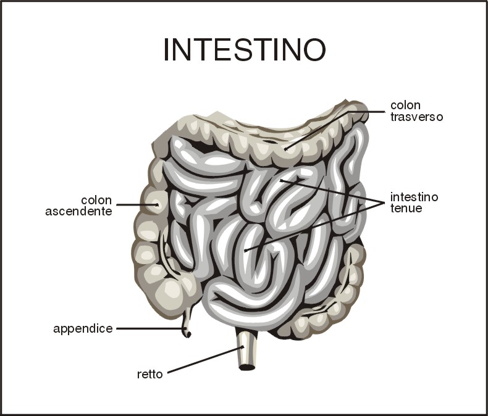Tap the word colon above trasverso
(x=405, y=106)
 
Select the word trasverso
(x=416, y=117)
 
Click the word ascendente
(x=78, y=212)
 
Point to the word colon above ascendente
(x=96, y=201)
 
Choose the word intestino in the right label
(x=414, y=198)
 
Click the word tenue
(x=406, y=209)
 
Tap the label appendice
(x=83, y=328)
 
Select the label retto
(x=150, y=374)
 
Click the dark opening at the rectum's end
(x=247, y=367)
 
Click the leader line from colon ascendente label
(x=136, y=204)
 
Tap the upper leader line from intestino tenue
(x=327, y=191)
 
